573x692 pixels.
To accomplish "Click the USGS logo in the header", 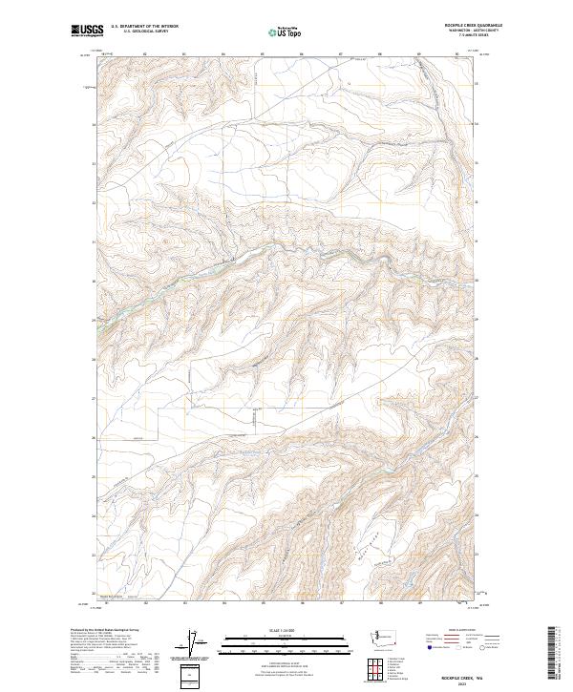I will click(86, 31).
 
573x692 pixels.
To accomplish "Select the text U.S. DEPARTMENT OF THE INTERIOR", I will click(144, 27).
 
